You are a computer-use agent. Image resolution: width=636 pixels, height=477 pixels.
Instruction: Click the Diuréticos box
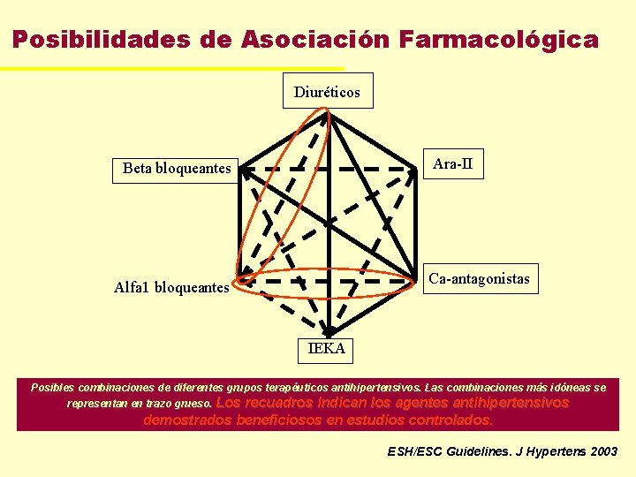coord(327,91)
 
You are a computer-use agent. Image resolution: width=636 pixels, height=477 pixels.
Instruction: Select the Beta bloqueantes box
coord(177,168)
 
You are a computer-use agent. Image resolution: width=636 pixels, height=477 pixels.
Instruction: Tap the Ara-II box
coord(453,163)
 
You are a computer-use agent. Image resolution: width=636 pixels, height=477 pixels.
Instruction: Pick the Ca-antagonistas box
coord(479,279)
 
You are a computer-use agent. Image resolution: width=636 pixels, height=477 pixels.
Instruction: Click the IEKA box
coord(327,349)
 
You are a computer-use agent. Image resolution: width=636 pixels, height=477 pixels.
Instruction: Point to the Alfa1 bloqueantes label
coord(171,287)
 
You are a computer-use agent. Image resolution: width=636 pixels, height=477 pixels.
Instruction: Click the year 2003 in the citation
coord(602,451)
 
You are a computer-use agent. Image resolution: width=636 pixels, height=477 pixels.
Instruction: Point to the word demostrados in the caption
coord(187,420)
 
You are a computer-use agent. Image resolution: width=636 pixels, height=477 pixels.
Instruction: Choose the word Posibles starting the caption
coord(53,387)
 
